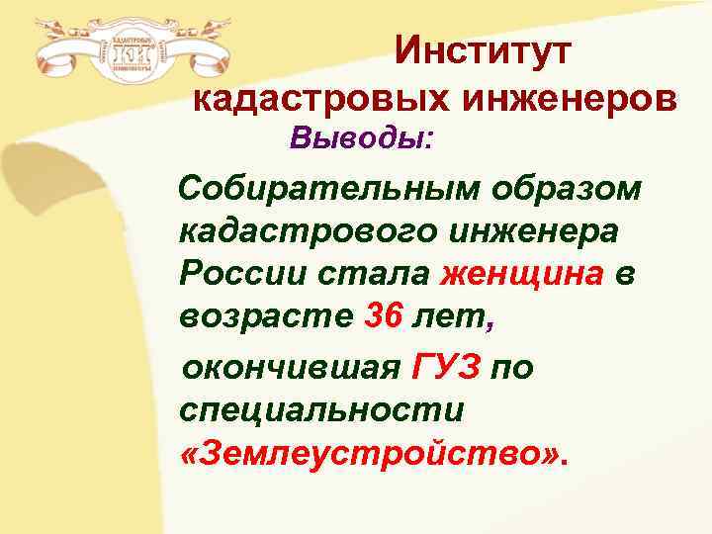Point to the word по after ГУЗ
[x=512, y=368]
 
